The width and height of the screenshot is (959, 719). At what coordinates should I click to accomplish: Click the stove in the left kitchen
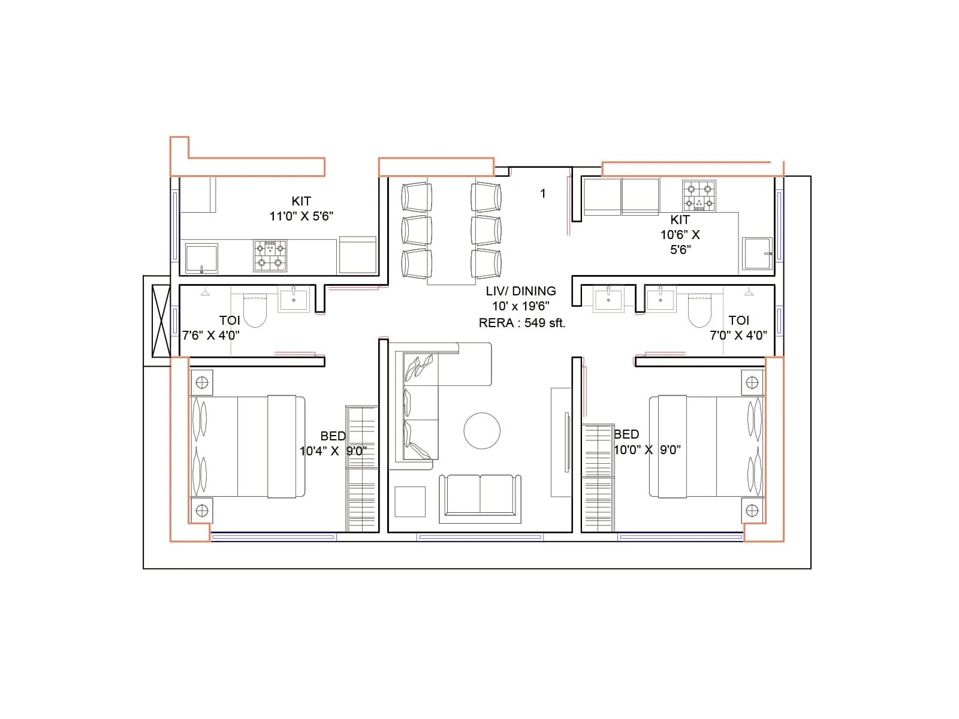270,256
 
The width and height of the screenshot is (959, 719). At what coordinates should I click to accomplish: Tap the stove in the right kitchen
699,196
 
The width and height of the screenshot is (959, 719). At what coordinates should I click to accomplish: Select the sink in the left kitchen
201,259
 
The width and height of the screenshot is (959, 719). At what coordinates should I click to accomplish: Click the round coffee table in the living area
482,431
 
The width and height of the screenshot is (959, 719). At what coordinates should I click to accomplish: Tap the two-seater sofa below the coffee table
480,496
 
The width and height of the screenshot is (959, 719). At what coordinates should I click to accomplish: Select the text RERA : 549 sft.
521,323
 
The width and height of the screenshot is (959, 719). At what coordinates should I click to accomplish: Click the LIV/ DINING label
520,291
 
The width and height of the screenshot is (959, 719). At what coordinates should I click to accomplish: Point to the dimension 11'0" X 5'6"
301,216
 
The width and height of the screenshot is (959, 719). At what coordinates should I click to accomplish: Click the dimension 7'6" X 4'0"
211,336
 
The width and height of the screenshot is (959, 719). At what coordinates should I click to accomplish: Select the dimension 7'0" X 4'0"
738,336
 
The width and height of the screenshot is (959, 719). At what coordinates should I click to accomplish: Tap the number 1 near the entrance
543,194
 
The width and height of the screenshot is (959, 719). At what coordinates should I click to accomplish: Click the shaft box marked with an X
161,321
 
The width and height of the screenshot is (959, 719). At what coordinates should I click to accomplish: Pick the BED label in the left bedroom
333,436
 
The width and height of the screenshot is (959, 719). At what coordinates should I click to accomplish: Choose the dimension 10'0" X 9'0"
647,450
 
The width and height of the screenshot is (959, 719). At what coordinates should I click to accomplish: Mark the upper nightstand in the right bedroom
752,382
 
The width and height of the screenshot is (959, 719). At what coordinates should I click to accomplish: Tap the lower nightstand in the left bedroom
202,510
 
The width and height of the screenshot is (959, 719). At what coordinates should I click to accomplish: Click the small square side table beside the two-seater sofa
410,502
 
